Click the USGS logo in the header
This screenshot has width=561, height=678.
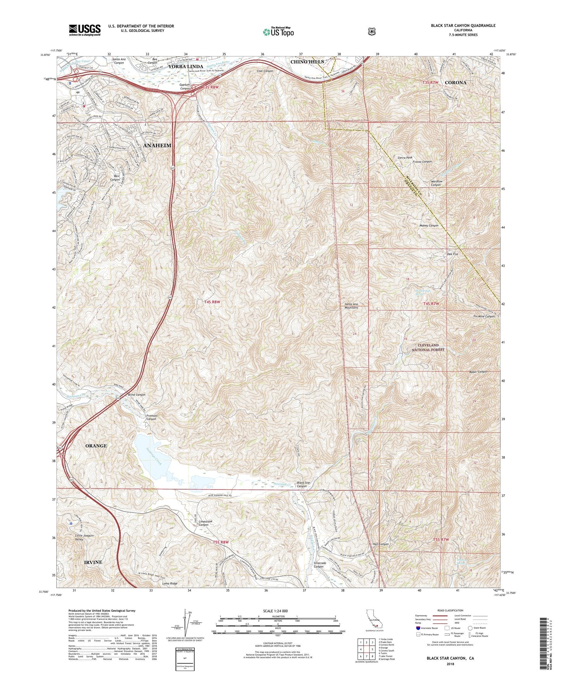85,30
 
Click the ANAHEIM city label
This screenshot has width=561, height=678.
157,145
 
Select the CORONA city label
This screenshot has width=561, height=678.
455,83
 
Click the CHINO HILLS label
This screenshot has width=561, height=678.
307,62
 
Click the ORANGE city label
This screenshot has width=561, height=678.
96,445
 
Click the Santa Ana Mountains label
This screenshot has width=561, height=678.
351,306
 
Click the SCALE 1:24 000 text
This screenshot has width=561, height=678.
278,611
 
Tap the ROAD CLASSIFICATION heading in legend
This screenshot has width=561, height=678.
450,610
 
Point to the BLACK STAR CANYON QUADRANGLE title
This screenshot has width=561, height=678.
463,25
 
